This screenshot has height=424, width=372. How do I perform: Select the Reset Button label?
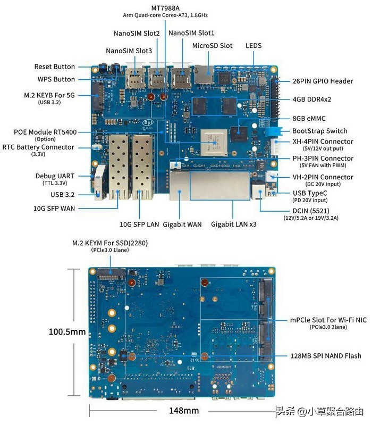pos(55,67)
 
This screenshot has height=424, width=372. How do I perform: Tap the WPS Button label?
pos(56,79)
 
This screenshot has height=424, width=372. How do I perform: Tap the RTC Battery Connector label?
pos(46,147)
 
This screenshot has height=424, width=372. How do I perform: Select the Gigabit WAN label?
pos(182,225)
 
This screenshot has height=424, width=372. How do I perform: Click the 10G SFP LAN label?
pos(137,225)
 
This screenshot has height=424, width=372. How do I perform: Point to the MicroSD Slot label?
pos(212,46)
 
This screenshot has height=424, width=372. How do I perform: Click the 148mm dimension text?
pos(183,411)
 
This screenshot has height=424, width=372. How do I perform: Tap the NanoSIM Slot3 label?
pos(129,51)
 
